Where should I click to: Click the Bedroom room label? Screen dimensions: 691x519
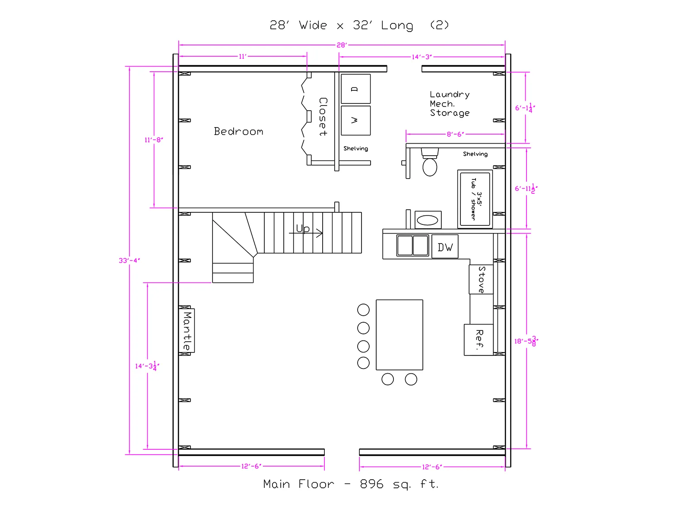point(238,131)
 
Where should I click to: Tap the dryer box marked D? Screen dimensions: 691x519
point(355,89)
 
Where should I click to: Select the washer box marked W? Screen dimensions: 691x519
point(355,120)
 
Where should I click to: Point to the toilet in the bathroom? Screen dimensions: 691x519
point(430,162)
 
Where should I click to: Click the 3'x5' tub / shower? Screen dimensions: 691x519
point(475,199)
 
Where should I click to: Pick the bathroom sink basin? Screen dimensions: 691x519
point(428,220)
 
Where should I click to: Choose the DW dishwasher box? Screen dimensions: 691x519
point(445,247)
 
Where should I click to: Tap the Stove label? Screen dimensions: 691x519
point(482,279)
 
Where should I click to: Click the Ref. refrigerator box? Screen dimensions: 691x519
point(479,340)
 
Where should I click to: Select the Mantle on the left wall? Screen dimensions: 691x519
point(187,330)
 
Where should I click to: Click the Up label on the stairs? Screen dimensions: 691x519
point(303,228)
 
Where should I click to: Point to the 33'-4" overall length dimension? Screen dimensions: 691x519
point(129,261)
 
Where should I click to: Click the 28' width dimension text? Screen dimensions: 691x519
point(342,45)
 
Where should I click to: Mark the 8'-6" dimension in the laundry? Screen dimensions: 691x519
point(455,134)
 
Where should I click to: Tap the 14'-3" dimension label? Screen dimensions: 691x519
point(422,57)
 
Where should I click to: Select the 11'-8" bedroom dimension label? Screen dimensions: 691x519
point(154,140)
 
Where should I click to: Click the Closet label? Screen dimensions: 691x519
point(323,117)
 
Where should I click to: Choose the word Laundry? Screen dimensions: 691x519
point(450,95)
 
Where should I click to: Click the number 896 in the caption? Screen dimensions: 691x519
point(371,484)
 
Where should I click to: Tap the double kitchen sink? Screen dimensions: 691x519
point(412,246)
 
